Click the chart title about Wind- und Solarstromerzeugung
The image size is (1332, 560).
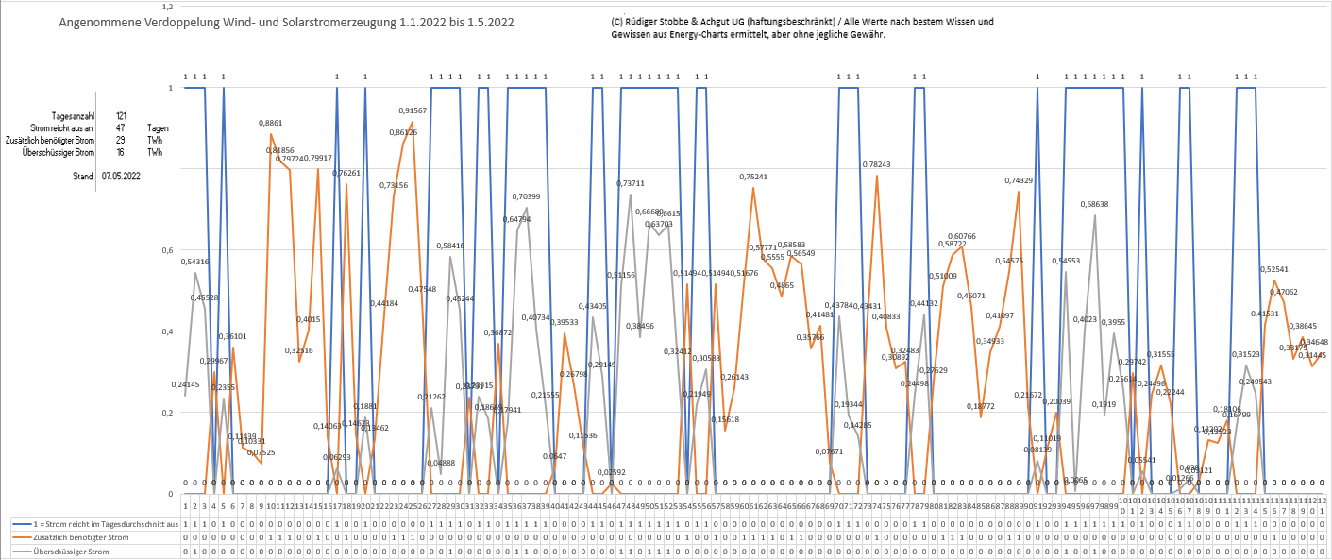286,22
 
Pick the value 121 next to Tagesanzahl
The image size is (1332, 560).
121,115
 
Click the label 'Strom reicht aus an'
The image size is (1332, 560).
62,127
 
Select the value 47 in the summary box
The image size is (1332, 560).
120,127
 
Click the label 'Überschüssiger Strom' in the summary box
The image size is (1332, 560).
59,152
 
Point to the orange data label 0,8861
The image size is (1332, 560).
271,124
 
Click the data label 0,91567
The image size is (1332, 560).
413,110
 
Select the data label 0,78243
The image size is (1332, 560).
876,164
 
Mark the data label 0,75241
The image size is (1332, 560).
753,177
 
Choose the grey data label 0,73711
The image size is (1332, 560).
631,183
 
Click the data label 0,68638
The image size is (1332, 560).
1095,204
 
